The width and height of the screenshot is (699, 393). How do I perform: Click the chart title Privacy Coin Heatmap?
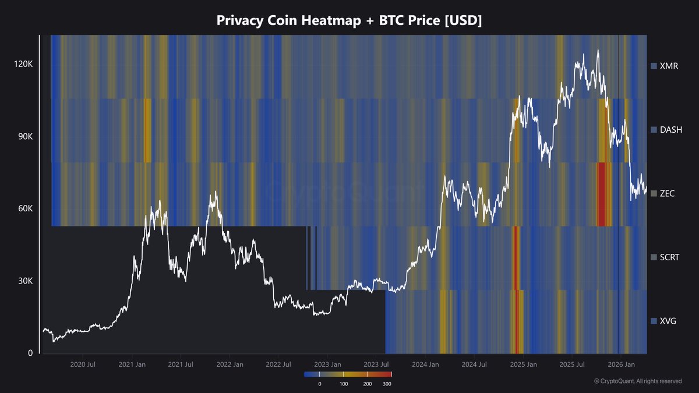(x=349, y=20)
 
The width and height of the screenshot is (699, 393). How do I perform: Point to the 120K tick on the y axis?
(x=24, y=64)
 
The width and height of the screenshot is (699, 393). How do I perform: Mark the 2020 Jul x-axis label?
(x=83, y=364)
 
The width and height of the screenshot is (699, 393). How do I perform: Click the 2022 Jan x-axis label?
(x=230, y=364)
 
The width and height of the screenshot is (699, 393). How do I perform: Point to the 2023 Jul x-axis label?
(x=376, y=364)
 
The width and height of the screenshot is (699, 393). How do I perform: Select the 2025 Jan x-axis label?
(x=523, y=364)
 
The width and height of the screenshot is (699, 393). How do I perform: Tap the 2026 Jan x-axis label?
(x=621, y=364)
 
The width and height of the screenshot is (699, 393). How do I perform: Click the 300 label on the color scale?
(x=387, y=384)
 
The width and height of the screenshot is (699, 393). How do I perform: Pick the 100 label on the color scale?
(x=344, y=384)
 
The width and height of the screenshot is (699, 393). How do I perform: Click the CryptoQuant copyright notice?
(x=638, y=381)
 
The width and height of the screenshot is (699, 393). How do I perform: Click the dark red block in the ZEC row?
(x=603, y=194)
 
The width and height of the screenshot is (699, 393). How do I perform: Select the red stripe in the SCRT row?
(x=515, y=257)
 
